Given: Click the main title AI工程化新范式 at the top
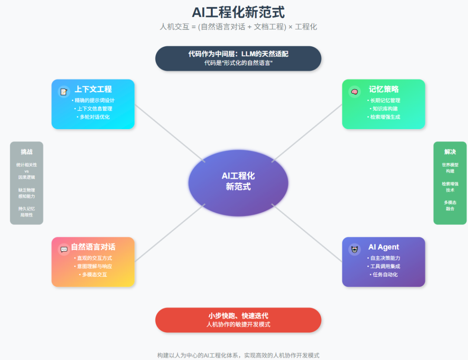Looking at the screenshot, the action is click(238, 12).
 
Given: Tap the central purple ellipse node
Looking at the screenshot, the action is click(238, 182).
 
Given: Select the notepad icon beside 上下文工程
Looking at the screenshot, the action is click(64, 91).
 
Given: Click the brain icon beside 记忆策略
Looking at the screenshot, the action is click(354, 91).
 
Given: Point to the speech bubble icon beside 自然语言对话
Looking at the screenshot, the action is click(64, 249).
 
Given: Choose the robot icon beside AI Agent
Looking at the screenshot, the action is click(354, 249).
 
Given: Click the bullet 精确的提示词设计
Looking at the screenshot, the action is click(93, 101).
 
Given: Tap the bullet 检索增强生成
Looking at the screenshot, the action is click(383, 117).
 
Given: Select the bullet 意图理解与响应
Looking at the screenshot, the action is click(93, 266).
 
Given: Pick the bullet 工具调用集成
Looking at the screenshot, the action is click(383, 266).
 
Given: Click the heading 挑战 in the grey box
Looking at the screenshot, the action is click(26, 152).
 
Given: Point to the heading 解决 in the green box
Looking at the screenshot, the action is click(450, 152).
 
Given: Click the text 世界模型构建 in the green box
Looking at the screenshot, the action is click(450, 168).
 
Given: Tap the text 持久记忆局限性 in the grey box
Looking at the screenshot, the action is click(26, 211).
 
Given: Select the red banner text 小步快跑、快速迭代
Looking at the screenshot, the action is click(238, 316).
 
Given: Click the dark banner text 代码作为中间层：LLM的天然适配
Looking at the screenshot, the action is click(238, 54).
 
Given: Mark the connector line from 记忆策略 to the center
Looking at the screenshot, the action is click(307, 133).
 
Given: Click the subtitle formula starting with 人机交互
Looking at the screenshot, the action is click(238, 27).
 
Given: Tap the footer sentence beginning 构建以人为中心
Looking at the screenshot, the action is click(238, 355).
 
